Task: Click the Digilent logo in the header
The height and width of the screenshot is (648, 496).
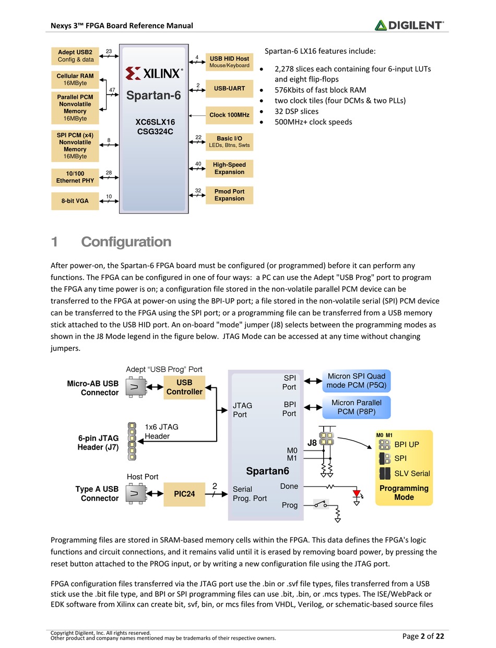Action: coord(409,26)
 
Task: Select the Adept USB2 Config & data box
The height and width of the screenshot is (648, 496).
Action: coord(75,56)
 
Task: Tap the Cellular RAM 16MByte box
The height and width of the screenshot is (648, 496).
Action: coord(75,79)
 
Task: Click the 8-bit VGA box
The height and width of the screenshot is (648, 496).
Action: coord(75,201)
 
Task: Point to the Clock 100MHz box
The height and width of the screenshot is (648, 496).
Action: coord(229,115)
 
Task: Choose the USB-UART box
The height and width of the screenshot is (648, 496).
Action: coord(229,89)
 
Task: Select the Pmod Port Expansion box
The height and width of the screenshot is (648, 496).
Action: coord(229,195)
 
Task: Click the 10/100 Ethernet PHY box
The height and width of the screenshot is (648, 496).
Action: coord(75,178)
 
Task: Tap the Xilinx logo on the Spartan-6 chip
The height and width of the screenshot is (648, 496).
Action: coord(154,73)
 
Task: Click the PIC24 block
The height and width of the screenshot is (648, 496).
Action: coord(184,494)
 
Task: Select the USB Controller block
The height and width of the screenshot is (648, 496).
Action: coord(184,387)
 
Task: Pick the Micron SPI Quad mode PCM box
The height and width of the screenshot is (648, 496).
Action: coord(356,381)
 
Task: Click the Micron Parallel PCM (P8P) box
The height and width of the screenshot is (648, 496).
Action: coord(356,407)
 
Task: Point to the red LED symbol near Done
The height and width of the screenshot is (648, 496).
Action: coord(357,493)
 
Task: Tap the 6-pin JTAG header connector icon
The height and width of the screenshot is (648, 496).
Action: coord(132,441)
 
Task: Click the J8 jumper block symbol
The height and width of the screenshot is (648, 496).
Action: coord(326,439)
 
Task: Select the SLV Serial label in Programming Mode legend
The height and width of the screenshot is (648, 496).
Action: coord(412,474)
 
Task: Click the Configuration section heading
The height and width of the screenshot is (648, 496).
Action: coord(126,242)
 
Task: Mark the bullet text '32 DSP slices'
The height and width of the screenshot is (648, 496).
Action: coord(296,111)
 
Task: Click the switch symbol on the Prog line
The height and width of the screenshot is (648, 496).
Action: coord(321,504)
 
